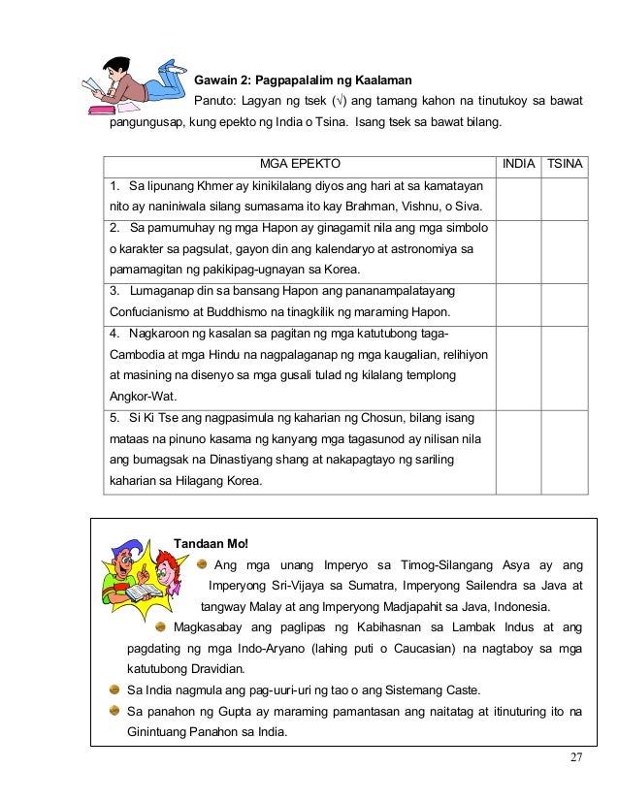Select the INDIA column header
point(517,164)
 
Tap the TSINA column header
point(565,164)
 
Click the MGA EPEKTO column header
point(300,164)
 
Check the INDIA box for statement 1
point(517,198)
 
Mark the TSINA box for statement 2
point(565,251)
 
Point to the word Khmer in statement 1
point(198,185)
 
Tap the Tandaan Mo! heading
point(211,543)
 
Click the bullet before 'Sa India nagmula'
point(115,690)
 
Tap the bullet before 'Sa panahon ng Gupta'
point(115,712)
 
